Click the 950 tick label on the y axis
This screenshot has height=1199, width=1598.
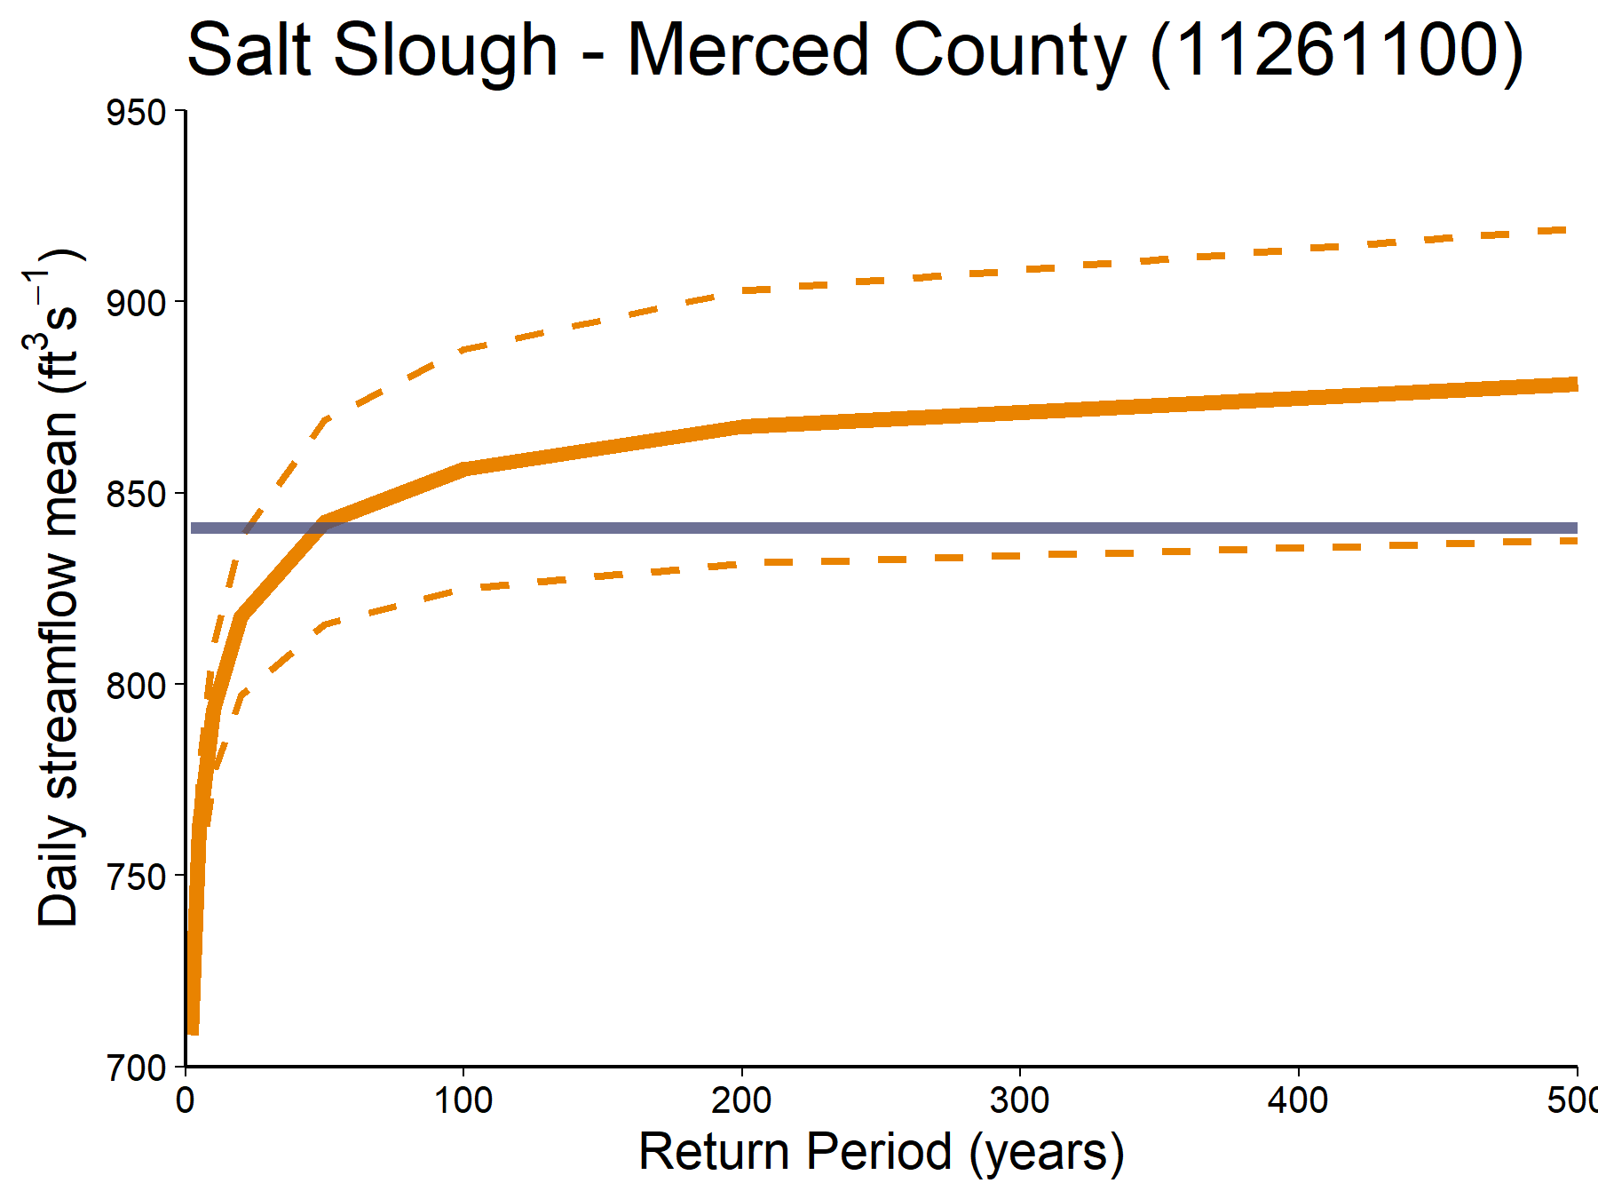(136, 113)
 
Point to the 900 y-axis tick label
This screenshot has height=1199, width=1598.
(136, 304)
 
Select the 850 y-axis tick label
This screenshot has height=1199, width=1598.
(136, 495)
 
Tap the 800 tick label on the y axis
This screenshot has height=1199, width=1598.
(136, 686)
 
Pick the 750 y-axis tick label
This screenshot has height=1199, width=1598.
(136, 877)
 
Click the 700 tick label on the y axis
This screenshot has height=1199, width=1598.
(136, 1068)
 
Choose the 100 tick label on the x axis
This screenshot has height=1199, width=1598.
(463, 1101)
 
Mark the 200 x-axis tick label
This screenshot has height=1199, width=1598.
(741, 1101)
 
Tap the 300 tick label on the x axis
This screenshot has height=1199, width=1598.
(1020, 1101)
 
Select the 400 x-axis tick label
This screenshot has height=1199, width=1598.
(1298, 1101)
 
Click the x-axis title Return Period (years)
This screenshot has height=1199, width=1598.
(881, 1152)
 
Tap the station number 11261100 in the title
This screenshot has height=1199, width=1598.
(1336, 51)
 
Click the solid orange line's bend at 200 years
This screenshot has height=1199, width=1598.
(742, 426)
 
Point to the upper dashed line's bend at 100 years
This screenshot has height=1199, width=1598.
(463, 349)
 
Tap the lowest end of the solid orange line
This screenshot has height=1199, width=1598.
(193, 1030)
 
